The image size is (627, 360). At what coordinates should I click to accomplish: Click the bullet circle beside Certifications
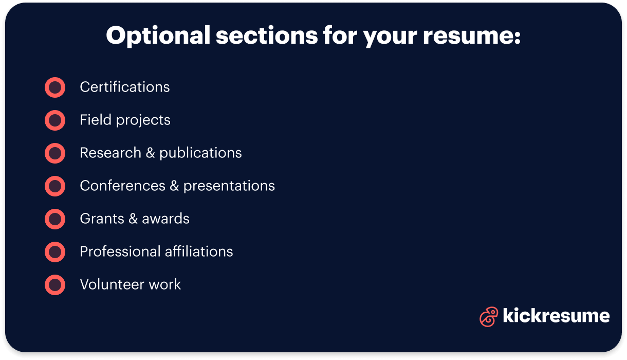click(55, 87)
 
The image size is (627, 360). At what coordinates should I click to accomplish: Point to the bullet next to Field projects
click(55, 120)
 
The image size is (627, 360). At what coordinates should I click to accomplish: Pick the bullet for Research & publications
click(55, 153)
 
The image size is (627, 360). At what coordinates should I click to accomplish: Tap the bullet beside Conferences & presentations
click(55, 186)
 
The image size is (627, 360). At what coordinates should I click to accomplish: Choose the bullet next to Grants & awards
click(55, 219)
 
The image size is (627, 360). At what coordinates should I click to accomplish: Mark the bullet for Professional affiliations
click(55, 252)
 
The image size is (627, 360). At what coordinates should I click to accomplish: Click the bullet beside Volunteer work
click(55, 285)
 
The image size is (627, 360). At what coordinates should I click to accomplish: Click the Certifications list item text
click(125, 87)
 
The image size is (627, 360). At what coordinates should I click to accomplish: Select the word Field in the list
click(95, 120)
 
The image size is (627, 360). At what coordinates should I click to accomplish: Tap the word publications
click(200, 153)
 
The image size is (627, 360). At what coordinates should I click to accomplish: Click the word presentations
click(229, 186)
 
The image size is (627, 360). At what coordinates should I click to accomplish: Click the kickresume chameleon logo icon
click(488, 316)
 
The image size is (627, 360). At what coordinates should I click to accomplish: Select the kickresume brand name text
click(556, 315)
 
